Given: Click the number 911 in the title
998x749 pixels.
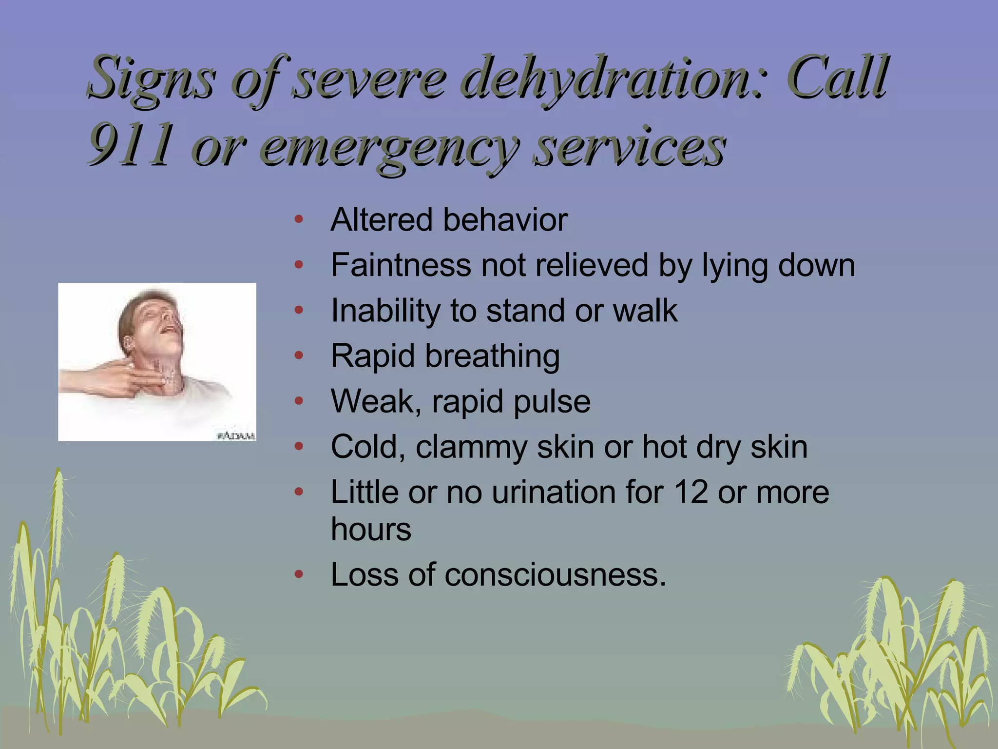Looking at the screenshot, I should point(131,143).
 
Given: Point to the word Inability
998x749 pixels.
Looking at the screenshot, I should point(385,311).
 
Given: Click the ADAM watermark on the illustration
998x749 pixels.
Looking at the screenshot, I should point(236,435).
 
